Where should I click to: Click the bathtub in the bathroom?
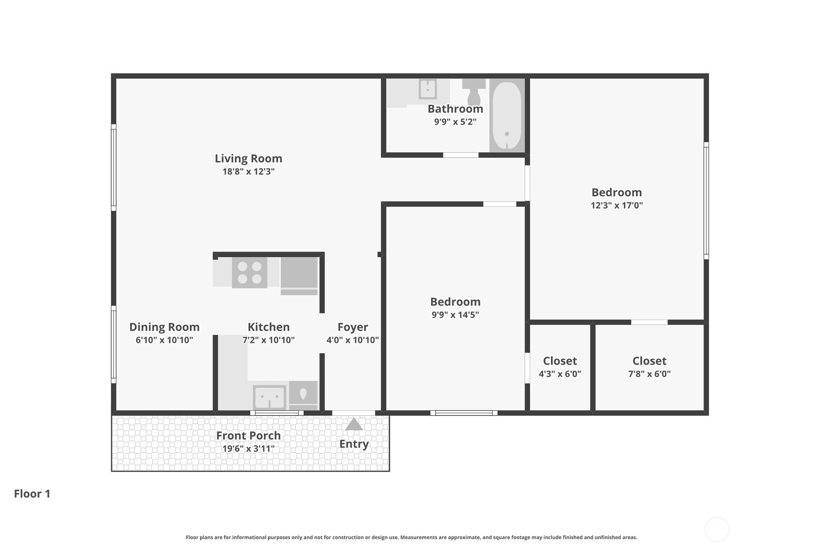[x=507, y=115]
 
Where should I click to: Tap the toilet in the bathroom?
[x=474, y=92]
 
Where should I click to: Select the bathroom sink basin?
[x=428, y=89]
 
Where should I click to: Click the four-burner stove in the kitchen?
[x=249, y=272]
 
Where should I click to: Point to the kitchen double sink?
[x=270, y=397]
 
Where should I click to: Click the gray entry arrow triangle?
[x=354, y=424]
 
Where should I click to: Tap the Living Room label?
[x=248, y=158]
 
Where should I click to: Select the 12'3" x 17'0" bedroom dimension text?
[x=616, y=205]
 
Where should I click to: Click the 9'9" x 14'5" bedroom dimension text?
[x=455, y=314]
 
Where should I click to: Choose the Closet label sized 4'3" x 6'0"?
[x=560, y=361]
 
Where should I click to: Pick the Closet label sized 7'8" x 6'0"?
[x=649, y=361]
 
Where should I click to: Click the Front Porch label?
[x=248, y=436]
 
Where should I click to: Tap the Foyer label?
[x=353, y=327]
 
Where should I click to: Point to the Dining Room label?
[x=164, y=327]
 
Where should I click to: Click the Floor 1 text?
[x=32, y=494]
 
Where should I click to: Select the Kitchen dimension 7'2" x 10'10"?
[x=269, y=340]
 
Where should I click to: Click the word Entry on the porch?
[x=354, y=444]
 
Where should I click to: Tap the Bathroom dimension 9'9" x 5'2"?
[x=455, y=122]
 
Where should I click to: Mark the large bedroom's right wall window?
[x=706, y=201]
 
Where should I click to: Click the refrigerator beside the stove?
[x=299, y=276]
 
